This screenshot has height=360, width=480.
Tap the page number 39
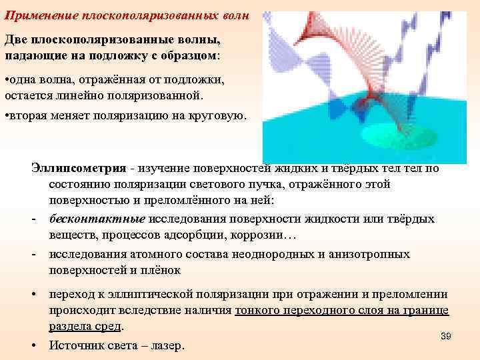446,336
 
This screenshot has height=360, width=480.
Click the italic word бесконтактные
97,219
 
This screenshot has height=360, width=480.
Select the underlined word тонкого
261,310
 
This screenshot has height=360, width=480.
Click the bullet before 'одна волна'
7,81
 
